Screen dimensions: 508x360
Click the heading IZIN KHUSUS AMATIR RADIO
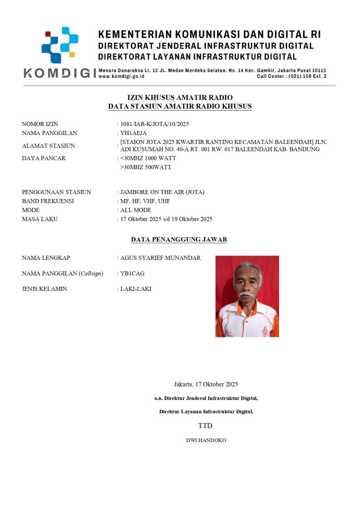click(180, 97)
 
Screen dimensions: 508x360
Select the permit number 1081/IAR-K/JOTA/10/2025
click(154, 124)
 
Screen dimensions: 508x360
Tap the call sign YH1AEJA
click(134, 133)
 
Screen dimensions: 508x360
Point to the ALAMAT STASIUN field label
click(48, 146)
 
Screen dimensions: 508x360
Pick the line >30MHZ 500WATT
click(145, 167)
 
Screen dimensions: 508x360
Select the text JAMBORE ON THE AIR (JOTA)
click(162, 192)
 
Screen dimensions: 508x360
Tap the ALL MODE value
click(136, 210)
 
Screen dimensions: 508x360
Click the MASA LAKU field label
click(39, 219)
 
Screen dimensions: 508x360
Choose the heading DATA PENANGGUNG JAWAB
click(179, 240)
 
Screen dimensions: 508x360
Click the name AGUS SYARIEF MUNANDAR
click(160, 257)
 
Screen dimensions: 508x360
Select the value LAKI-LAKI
click(136, 289)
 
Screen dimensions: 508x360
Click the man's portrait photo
click(247, 296)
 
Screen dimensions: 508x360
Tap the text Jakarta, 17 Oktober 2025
click(206, 384)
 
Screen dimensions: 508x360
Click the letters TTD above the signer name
click(205, 426)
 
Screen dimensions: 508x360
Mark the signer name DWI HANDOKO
click(206, 440)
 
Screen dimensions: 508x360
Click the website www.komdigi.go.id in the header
click(122, 76)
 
